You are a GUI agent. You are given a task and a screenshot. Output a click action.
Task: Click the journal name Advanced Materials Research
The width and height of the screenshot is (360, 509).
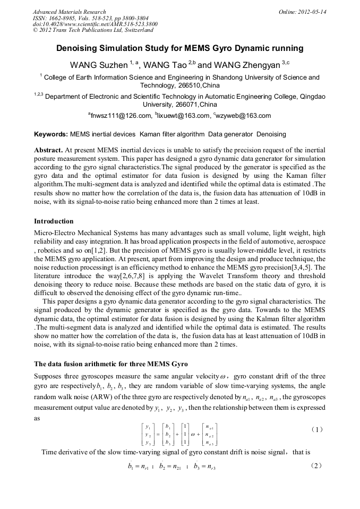(69, 12)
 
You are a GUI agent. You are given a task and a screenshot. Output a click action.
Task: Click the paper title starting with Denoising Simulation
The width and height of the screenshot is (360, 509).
(180, 48)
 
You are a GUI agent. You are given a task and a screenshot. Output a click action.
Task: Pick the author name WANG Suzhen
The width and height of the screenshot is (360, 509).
(99, 65)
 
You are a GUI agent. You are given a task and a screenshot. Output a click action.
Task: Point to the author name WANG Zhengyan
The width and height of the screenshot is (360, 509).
(246, 65)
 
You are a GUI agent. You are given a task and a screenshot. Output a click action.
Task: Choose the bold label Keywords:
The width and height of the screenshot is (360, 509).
(51, 134)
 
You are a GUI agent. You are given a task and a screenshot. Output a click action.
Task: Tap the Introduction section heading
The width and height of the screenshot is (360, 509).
(54, 221)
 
